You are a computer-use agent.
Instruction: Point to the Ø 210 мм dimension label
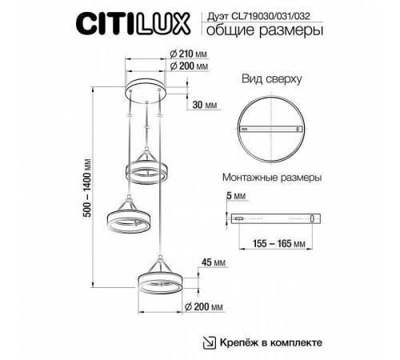190,54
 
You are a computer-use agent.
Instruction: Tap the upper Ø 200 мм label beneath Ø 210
190,68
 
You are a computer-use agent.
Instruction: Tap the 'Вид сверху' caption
271,81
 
